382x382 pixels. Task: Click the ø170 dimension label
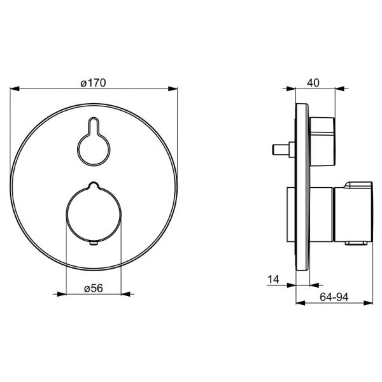pyautogui.click(x=94, y=83)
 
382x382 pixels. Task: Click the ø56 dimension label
pyautogui.click(x=94, y=288)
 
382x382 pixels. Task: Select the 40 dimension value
pyautogui.click(x=313, y=83)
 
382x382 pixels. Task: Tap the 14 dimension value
pyautogui.click(x=273, y=279)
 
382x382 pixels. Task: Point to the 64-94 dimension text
pyautogui.click(x=334, y=297)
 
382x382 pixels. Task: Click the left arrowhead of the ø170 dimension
pyautogui.click(x=15, y=88)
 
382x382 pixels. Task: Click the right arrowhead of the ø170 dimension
pyautogui.click(x=173, y=88)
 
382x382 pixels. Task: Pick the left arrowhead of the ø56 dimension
pyautogui.click(x=62, y=294)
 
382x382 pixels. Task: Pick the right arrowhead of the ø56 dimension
pyautogui.click(x=125, y=294)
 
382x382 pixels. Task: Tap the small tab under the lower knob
pyautogui.click(x=94, y=243)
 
